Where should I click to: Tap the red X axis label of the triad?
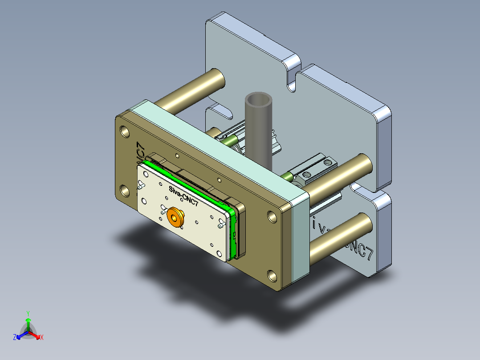(x=42, y=338)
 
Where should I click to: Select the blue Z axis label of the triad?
(x=15, y=338)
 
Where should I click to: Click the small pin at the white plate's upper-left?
(x=142, y=184)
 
